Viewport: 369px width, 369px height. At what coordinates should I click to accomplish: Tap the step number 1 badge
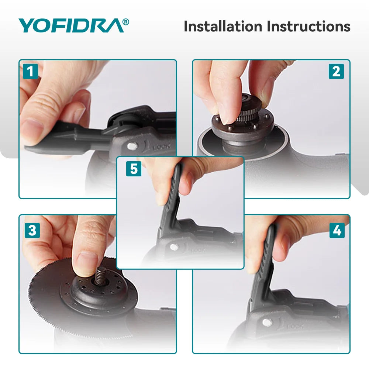click(x=31, y=71)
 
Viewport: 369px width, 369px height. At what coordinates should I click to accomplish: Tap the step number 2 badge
click(x=336, y=71)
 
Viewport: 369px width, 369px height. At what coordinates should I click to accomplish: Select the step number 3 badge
click(x=32, y=231)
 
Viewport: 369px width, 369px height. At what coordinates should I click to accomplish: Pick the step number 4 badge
click(x=337, y=231)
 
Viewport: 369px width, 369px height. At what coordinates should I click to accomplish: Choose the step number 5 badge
click(x=134, y=169)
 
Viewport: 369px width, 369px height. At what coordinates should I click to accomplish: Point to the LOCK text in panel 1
click(x=162, y=148)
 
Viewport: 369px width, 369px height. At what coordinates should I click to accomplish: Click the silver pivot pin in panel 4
click(x=266, y=322)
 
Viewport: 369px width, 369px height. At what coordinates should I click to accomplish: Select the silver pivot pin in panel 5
click(x=173, y=246)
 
